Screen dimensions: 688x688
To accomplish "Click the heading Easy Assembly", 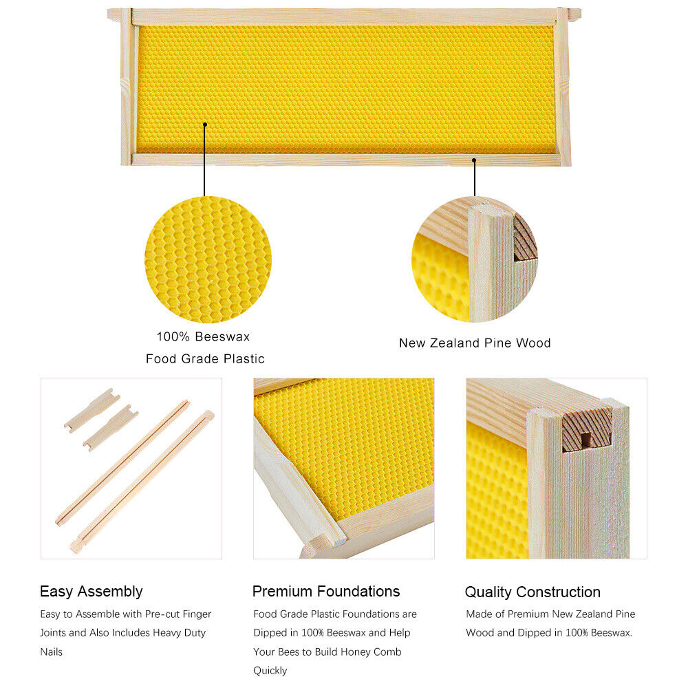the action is point(92,592).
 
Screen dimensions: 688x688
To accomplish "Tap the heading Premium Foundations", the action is point(326,592).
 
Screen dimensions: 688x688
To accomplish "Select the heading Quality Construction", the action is point(533,592).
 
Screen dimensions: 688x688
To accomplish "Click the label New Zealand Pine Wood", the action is point(475,343).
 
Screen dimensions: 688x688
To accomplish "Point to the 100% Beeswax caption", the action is point(203,336).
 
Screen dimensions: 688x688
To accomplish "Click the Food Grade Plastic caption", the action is point(205,358).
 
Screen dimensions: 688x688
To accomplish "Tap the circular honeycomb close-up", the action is point(208,259).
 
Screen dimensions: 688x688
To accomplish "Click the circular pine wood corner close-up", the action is point(475,259).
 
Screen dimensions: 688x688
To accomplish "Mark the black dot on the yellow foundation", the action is point(205,125).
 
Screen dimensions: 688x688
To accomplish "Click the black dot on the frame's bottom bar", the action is point(474,160).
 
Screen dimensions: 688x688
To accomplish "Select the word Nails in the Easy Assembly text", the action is point(52,652).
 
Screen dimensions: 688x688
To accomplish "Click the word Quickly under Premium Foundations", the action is point(270,670).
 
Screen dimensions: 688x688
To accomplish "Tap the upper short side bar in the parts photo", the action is point(92,410).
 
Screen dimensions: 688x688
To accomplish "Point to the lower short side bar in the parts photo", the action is point(111,428).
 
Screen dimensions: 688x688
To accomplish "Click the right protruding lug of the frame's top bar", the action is point(574,14).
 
